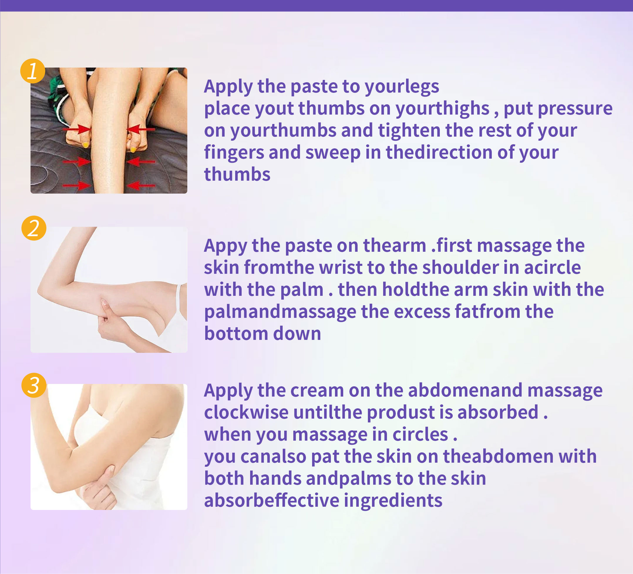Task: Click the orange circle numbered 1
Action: pos(33,71)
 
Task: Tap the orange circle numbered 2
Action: pos(34,228)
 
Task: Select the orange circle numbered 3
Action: pos(34,385)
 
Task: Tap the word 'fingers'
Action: pos(234,153)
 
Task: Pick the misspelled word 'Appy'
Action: pos(225,246)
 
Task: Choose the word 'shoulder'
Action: pos(461,268)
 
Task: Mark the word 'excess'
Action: pos(422,312)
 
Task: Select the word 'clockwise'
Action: pos(246,412)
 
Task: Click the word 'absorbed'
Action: pos(498,412)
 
